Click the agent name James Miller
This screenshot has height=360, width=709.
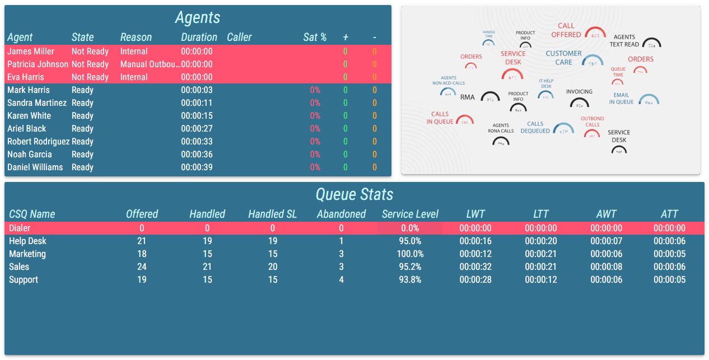tap(31, 52)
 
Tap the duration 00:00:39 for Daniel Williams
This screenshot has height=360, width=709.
tap(197, 167)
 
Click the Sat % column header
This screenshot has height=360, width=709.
tap(315, 38)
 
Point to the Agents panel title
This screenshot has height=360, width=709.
tap(198, 17)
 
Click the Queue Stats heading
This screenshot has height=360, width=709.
tap(354, 194)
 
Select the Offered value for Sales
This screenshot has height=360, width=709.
tap(142, 267)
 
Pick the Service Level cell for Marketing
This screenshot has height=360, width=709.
tap(410, 254)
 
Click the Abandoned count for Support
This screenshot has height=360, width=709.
tap(341, 280)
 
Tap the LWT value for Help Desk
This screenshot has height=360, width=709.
tap(475, 241)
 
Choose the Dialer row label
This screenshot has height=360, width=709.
tap(20, 228)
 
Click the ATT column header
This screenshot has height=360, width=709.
tap(669, 214)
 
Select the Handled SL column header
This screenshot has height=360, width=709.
tap(273, 214)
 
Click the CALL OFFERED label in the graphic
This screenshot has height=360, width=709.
tap(566, 30)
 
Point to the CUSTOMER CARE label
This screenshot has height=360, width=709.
tap(563, 58)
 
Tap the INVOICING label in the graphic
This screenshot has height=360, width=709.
tap(579, 92)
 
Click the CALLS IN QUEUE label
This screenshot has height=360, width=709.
tap(440, 118)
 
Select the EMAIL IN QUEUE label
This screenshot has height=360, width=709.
tap(621, 99)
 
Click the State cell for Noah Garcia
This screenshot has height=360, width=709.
tap(82, 155)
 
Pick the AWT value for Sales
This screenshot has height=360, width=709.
tap(606, 267)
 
